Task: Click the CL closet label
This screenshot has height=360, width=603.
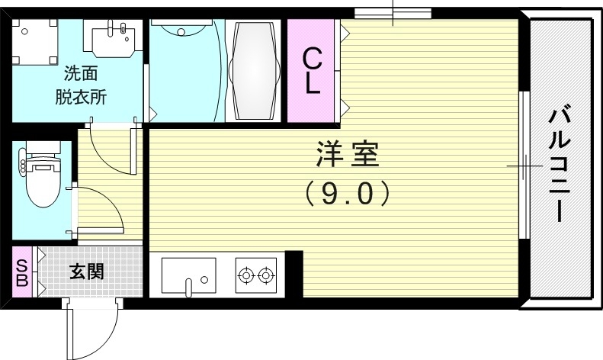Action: [x=312, y=71]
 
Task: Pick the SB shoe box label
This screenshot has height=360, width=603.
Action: [x=21, y=272]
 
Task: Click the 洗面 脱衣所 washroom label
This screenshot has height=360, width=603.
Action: [x=80, y=86]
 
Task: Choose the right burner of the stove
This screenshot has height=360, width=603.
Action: [x=265, y=275]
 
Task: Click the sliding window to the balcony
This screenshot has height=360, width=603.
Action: [x=524, y=166]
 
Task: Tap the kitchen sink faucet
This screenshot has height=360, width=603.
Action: [x=188, y=287]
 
